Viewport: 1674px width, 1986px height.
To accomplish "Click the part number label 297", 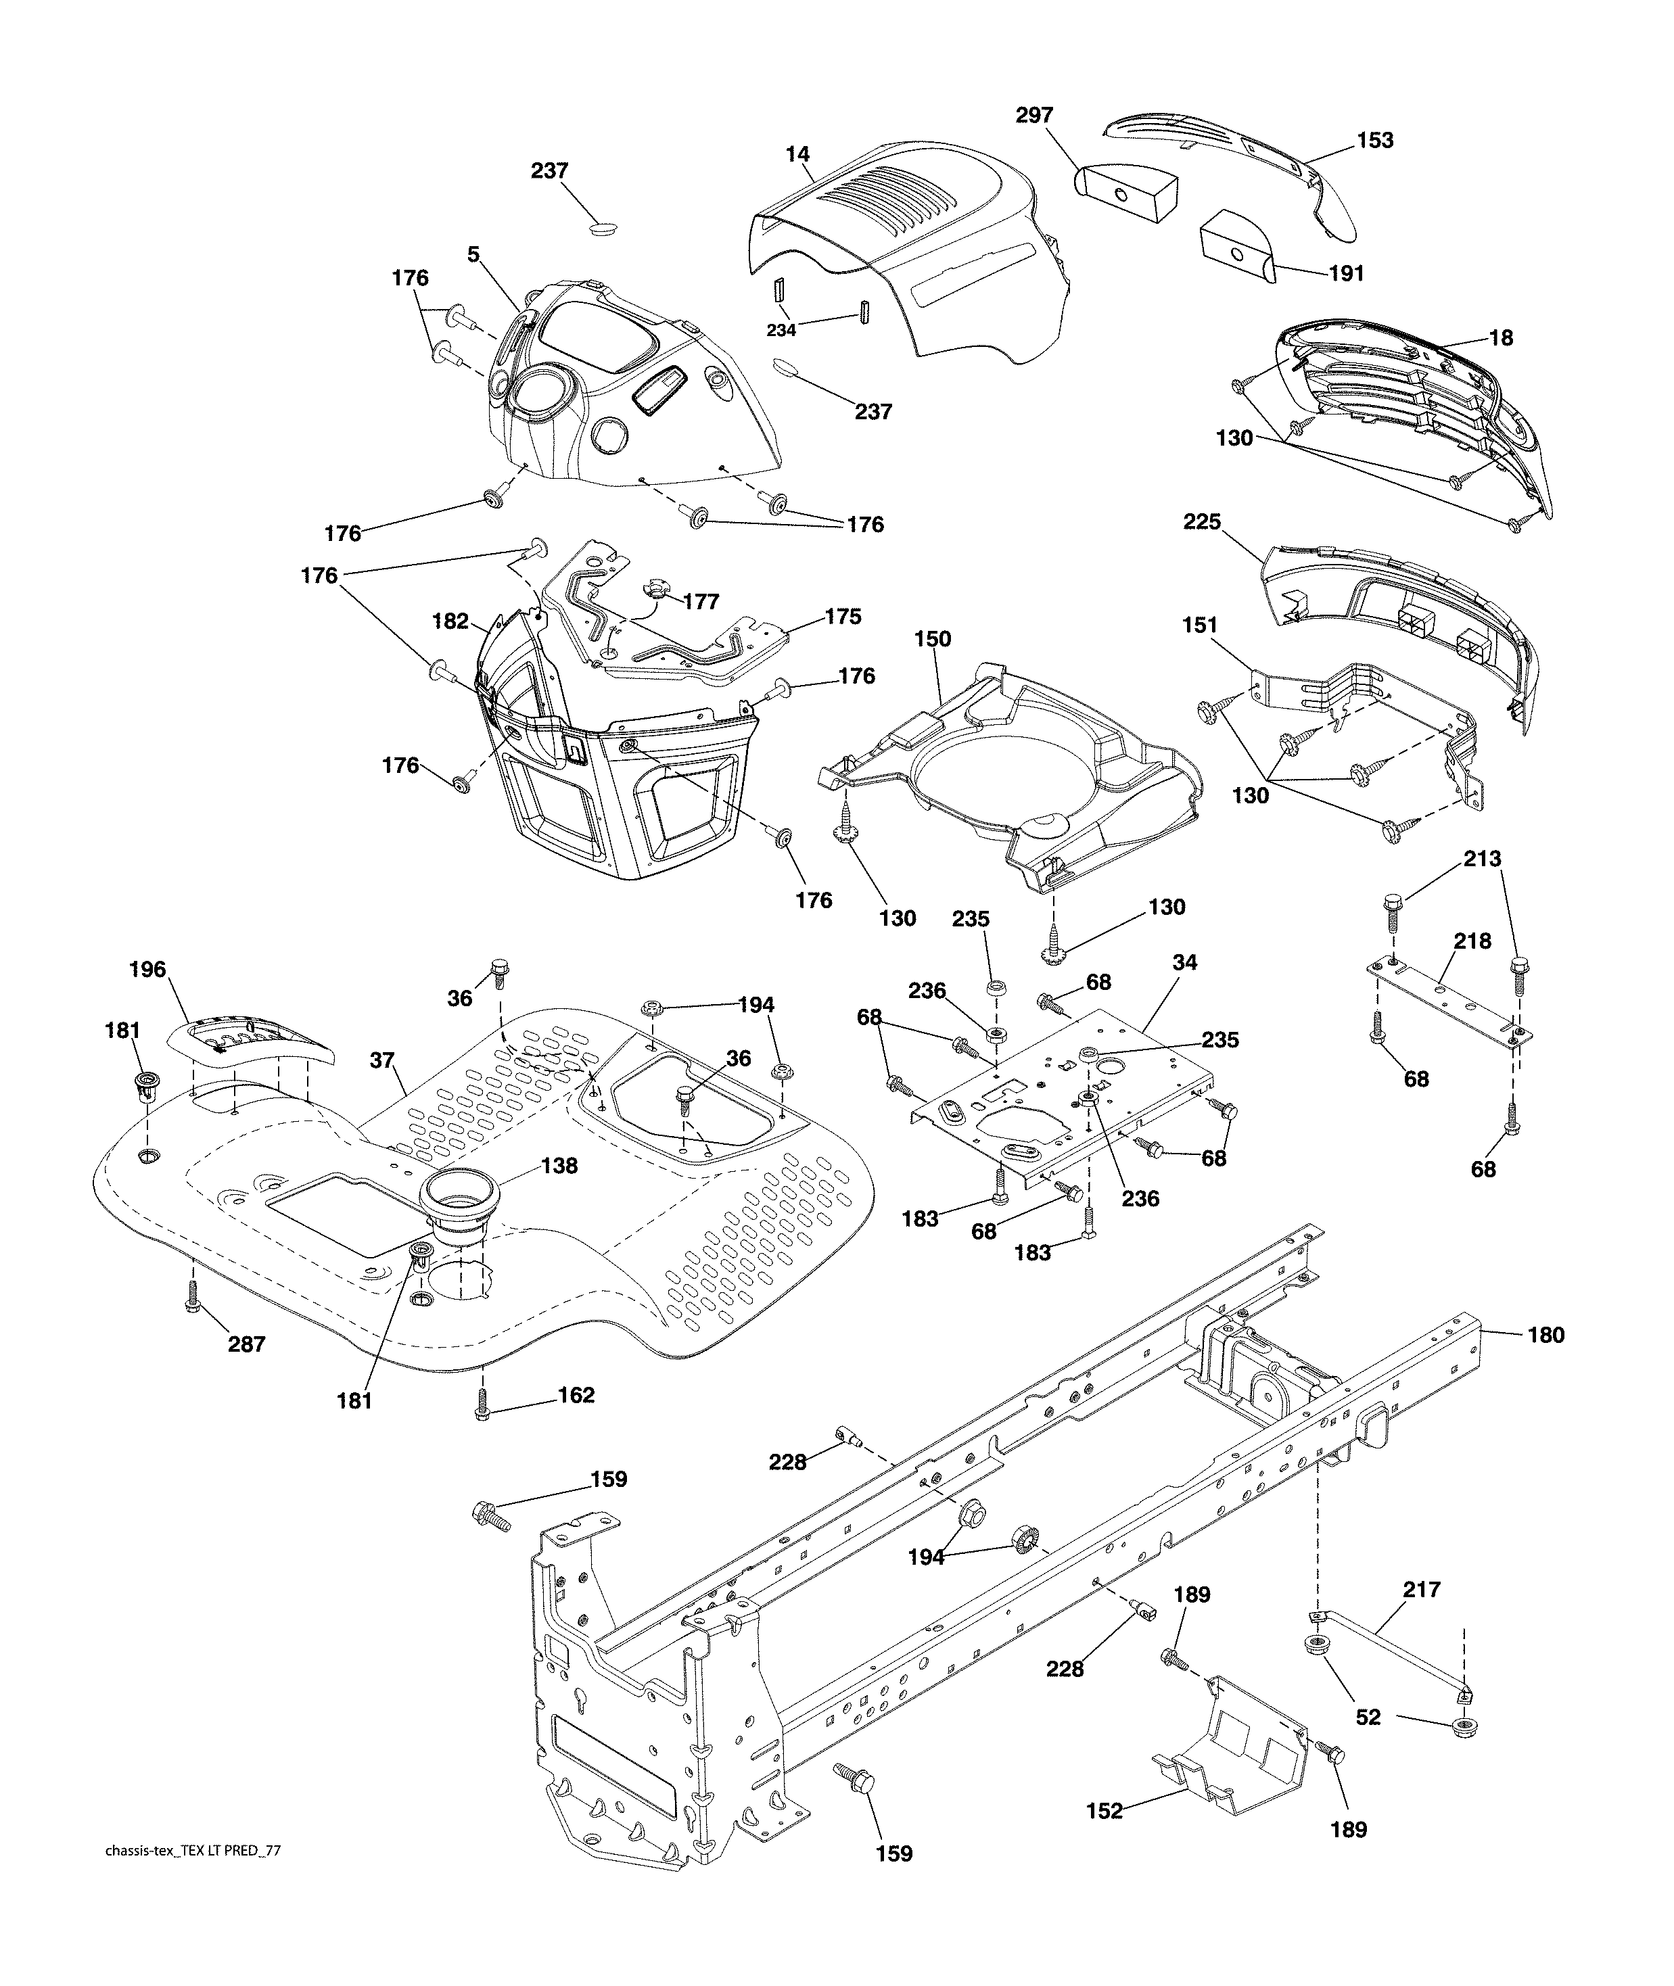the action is (1033, 115).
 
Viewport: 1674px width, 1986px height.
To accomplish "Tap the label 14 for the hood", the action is (798, 153).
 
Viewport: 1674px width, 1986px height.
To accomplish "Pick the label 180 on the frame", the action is (1545, 1335).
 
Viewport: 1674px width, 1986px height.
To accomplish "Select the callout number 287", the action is (247, 1344).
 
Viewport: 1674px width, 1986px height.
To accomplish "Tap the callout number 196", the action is (147, 970).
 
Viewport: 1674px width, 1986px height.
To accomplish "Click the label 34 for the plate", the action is (1184, 962).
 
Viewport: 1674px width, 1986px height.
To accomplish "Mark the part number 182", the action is (450, 621).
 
